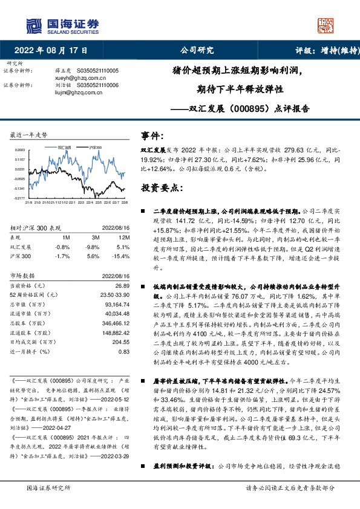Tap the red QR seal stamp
pyautogui.click(x=324, y=25)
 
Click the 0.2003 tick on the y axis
pyautogui.click(x=19, y=149)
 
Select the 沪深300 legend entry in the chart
pyautogui.click(x=95, y=147)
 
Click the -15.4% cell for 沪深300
pyautogui.click(x=122, y=256)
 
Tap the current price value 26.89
pyautogui.click(x=122, y=285)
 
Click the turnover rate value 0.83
pyautogui.click(x=124, y=351)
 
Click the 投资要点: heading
pyautogui.click(x=162, y=187)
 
